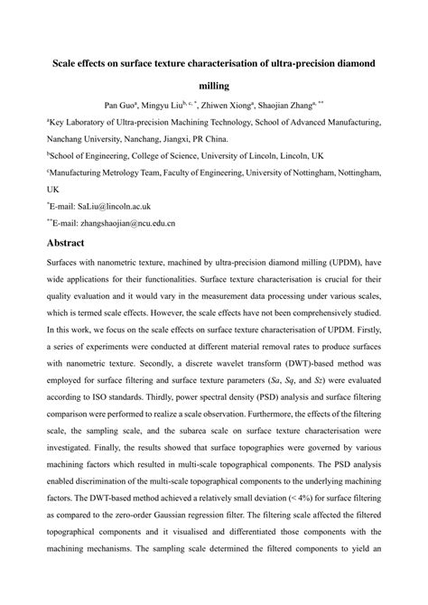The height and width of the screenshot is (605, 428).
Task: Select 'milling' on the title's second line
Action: (x=213, y=87)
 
